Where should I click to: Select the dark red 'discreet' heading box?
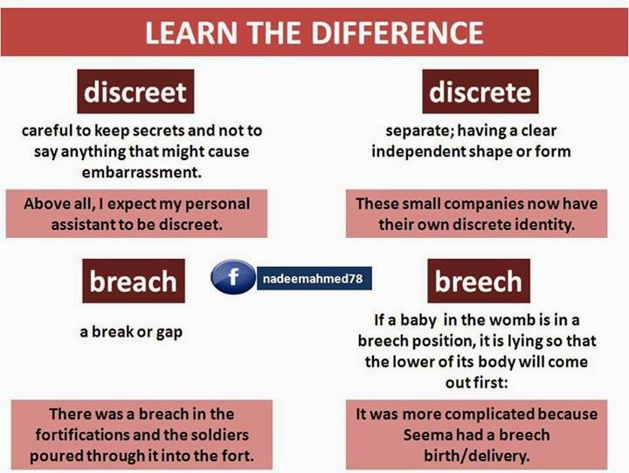coord(135,91)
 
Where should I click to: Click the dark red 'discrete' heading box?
coord(480,92)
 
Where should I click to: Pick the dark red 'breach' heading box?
coord(133,282)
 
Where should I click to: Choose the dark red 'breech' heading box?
coord(479,282)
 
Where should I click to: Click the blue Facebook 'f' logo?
coord(232,278)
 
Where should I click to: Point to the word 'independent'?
coord(424,151)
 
